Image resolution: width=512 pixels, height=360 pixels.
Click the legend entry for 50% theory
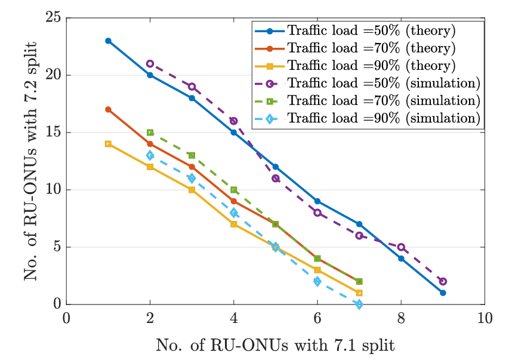tap(355, 30)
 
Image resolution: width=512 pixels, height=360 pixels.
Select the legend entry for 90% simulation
tap(368, 118)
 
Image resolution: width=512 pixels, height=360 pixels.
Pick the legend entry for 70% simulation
tap(368, 101)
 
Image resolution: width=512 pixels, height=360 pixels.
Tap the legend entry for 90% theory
tap(355, 66)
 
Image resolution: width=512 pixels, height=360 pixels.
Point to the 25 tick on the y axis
tap(54, 18)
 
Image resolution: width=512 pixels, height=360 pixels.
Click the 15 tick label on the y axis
tap(54, 133)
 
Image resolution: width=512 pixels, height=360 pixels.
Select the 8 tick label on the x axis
tap(401, 318)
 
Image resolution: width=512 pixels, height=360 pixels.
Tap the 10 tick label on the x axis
tap(485, 318)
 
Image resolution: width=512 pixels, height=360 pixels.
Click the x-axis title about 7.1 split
tap(275, 345)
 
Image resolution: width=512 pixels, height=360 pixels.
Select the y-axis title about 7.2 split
tap(30, 161)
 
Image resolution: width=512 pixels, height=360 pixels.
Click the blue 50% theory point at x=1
tap(108, 41)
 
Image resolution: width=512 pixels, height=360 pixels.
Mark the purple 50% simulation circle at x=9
tap(443, 281)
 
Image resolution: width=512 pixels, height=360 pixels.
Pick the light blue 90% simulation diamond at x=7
tap(359, 304)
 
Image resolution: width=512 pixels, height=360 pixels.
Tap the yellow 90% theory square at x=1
tap(108, 144)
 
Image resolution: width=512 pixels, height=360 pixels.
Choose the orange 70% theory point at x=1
tap(108, 109)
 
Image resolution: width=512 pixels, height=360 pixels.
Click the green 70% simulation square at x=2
tap(150, 133)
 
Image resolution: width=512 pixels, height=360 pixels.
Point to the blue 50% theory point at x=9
tap(443, 293)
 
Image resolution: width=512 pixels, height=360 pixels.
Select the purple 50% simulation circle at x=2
tap(150, 63)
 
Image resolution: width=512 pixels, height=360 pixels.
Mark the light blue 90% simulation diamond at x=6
tap(317, 281)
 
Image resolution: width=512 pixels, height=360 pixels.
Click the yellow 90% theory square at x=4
tap(233, 224)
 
